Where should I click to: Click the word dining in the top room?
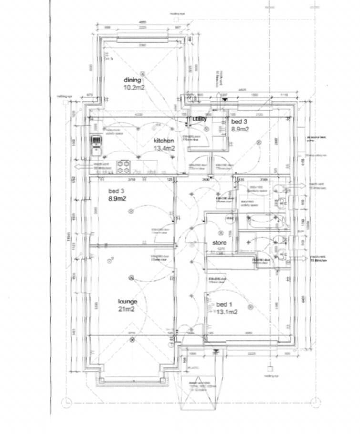(x=133, y=80)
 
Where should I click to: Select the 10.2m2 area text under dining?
(x=135, y=88)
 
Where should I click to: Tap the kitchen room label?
(x=164, y=141)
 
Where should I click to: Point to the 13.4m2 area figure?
(x=164, y=149)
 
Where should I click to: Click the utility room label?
(x=200, y=118)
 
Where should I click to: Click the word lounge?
(x=128, y=302)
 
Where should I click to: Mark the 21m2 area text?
(x=127, y=310)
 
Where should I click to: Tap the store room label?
(x=219, y=242)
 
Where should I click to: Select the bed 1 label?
(x=225, y=305)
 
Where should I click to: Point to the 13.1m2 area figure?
(x=226, y=313)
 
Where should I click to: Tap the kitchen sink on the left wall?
(x=96, y=145)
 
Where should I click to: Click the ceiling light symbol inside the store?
(x=220, y=233)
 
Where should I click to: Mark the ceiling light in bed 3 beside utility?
(x=258, y=142)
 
